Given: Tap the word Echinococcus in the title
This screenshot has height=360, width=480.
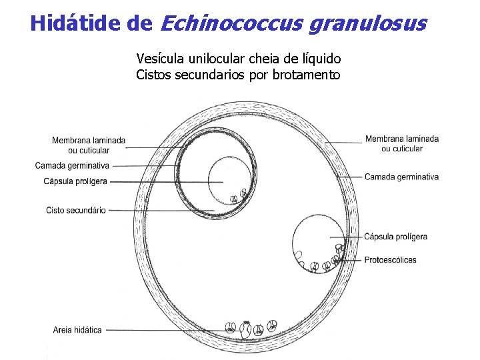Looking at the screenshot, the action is [x=233, y=24].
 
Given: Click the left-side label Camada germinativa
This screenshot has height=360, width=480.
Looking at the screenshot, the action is [x=72, y=165].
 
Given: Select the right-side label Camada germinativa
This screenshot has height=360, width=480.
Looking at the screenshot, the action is [x=401, y=177].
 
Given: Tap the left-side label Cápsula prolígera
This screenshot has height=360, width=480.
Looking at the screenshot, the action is [x=75, y=181].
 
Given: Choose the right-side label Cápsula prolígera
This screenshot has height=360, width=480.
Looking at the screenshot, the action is [x=396, y=237].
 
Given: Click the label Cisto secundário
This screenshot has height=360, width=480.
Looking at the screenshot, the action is [x=76, y=211].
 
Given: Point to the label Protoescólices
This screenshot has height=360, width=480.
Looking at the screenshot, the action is [x=390, y=259].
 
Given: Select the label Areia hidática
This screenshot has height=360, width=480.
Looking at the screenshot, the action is [x=78, y=330].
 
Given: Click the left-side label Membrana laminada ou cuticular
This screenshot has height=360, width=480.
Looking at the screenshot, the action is [x=88, y=145].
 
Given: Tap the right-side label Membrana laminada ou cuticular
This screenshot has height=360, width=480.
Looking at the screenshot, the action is [x=401, y=143].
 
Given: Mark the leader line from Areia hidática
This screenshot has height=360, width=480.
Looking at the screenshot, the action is [x=167, y=330].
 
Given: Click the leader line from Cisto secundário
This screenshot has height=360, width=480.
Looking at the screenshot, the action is [x=160, y=211].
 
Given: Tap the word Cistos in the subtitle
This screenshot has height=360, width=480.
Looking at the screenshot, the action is [x=153, y=75].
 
